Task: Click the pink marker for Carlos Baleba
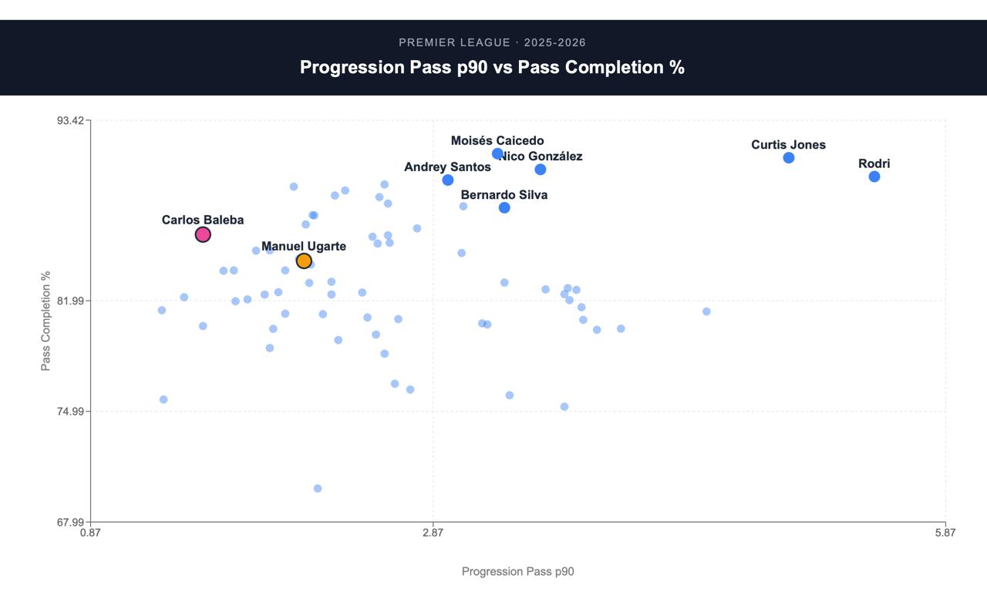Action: pyautogui.click(x=203, y=235)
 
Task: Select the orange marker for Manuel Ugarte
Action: pyautogui.click(x=304, y=261)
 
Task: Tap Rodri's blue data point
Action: pyautogui.click(x=874, y=177)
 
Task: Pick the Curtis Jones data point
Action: pyautogui.click(x=789, y=158)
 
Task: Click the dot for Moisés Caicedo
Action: pyautogui.click(x=497, y=153)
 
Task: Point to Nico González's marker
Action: pyautogui.click(x=541, y=170)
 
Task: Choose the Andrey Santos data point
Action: pyautogui.click(x=448, y=180)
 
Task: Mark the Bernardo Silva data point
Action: pyautogui.click(x=504, y=208)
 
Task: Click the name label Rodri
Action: pyautogui.click(x=874, y=164)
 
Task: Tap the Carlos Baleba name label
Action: pyautogui.click(x=203, y=220)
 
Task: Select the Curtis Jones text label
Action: pyautogui.click(x=788, y=145)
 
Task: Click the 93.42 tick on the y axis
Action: pyautogui.click(x=70, y=121)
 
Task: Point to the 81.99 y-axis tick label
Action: pyautogui.click(x=70, y=301)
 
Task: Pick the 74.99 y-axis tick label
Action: pyautogui.click(x=70, y=412)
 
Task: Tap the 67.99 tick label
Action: pyautogui.click(x=70, y=523)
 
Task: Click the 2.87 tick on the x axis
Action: pyautogui.click(x=433, y=533)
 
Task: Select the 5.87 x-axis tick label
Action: pyautogui.click(x=945, y=533)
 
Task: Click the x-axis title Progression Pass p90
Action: pyautogui.click(x=517, y=572)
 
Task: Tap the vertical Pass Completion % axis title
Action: pyautogui.click(x=45, y=321)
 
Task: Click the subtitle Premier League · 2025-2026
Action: pyautogui.click(x=492, y=42)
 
